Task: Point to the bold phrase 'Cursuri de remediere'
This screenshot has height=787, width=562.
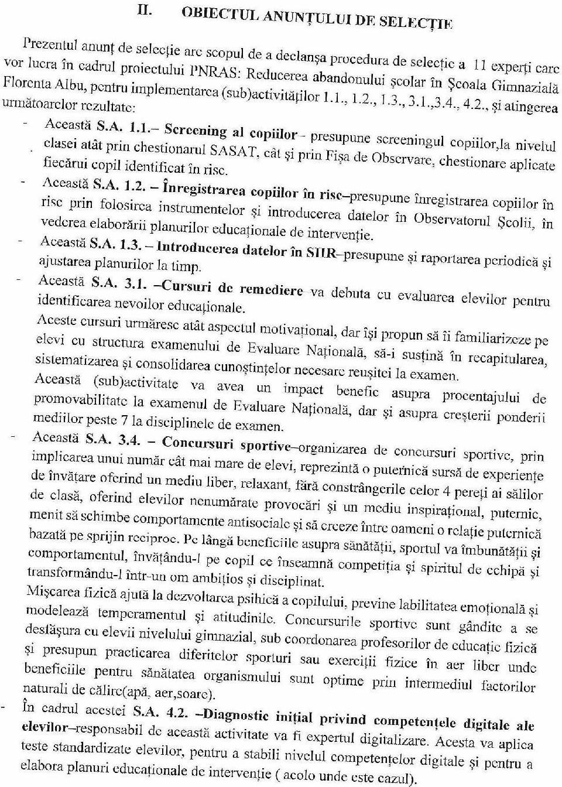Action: coord(232,288)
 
